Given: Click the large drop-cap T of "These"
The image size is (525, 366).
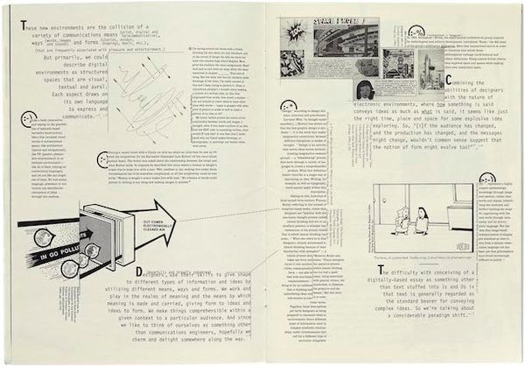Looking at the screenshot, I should coord(22,30).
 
